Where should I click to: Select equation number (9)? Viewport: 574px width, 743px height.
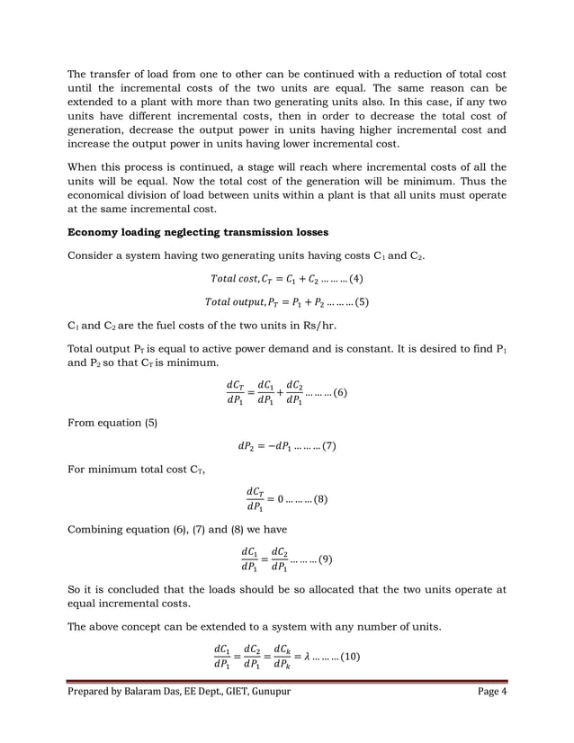323,559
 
